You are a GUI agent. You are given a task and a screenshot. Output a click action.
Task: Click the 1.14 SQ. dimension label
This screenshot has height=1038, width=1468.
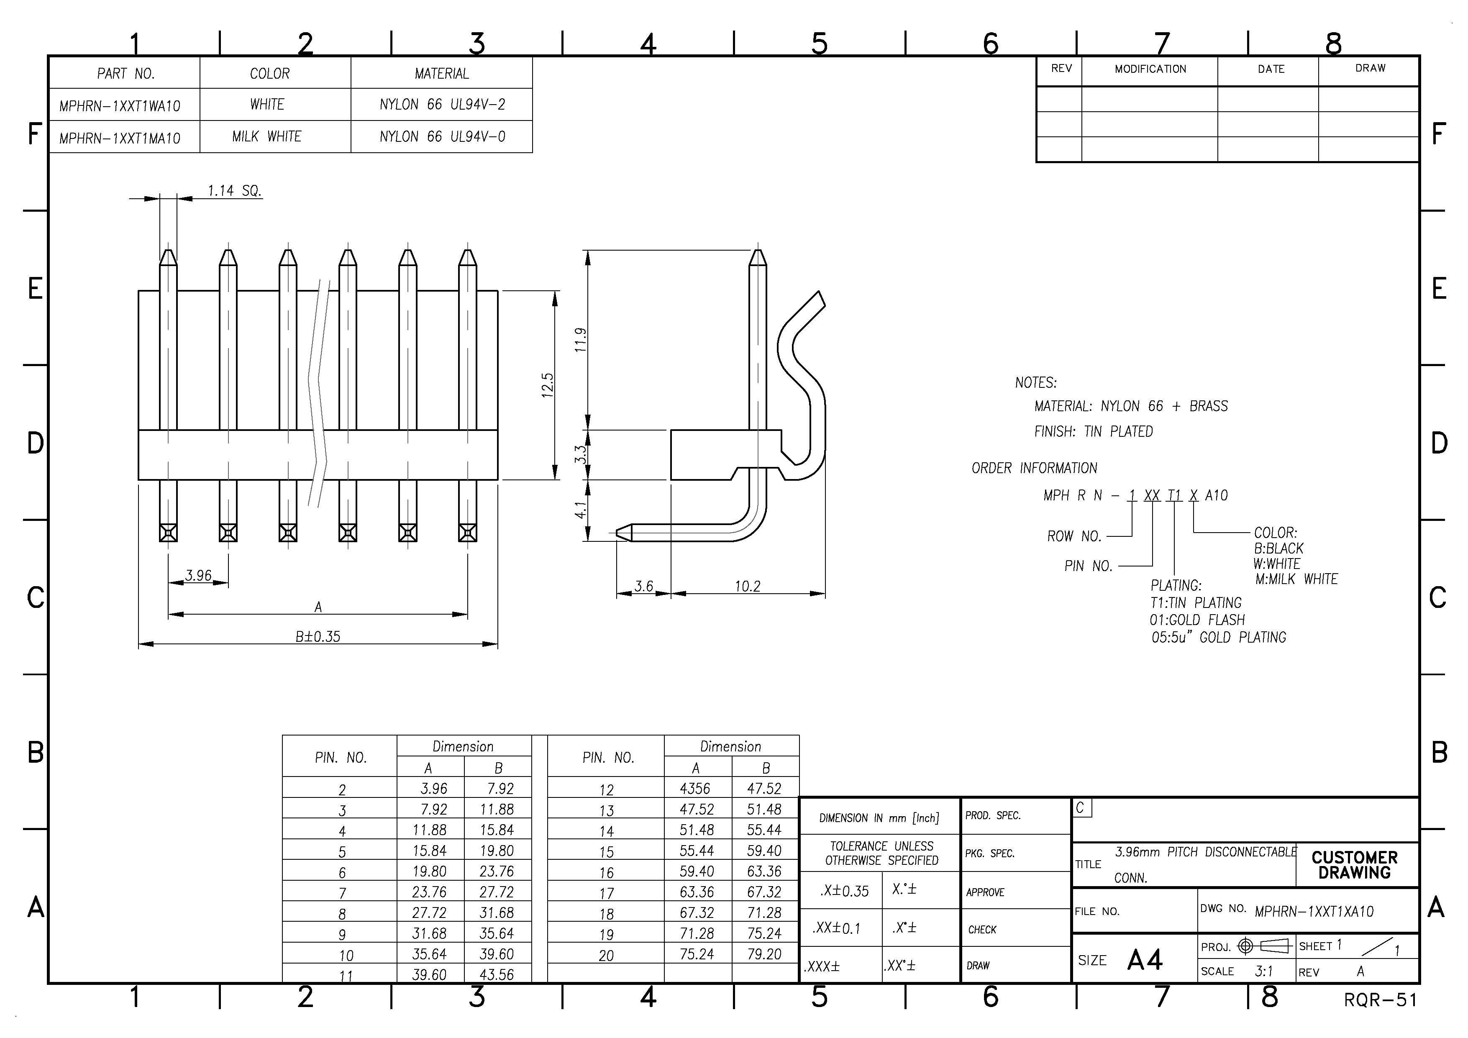(x=234, y=191)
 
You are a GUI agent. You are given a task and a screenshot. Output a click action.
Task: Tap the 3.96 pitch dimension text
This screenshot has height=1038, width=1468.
(x=198, y=576)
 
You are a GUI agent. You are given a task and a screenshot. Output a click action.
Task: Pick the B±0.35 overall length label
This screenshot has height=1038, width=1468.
(x=318, y=636)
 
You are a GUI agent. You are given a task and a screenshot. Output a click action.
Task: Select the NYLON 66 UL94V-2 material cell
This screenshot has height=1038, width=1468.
(x=442, y=104)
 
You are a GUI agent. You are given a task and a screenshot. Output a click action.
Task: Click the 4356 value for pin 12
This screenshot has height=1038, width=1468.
(x=695, y=789)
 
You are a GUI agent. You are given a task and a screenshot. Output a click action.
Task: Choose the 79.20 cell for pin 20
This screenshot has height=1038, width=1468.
(x=765, y=954)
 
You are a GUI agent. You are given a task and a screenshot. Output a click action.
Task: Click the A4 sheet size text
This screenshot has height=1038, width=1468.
(x=1145, y=960)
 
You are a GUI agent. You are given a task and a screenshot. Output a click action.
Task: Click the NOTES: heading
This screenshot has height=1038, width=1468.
(x=1036, y=382)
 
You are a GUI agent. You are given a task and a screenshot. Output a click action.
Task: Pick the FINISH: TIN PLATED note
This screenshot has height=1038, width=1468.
(x=1093, y=432)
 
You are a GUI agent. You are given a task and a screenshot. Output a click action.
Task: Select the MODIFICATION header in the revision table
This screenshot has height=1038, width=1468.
(x=1150, y=69)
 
